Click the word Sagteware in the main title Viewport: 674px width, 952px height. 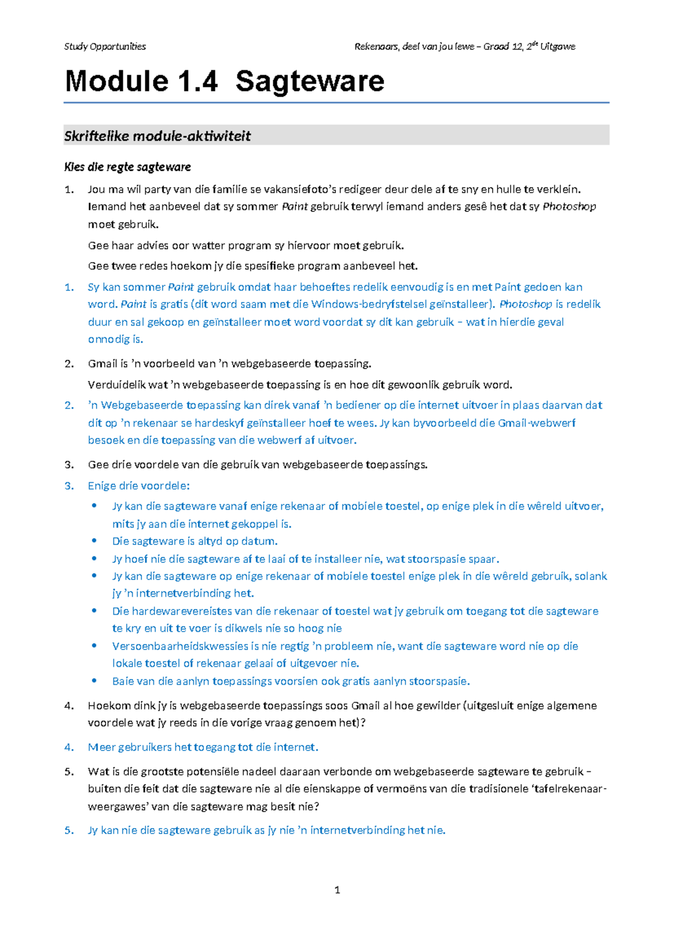tap(309, 81)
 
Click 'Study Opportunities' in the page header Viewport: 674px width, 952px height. tap(104, 47)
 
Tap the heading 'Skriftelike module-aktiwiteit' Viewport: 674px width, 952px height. tap(157, 136)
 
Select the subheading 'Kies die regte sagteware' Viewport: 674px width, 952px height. tap(127, 167)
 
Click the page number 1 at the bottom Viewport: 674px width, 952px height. tap(337, 890)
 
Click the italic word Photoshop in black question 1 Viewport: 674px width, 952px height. tap(569, 207)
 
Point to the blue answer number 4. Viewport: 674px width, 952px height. tap(69, 747)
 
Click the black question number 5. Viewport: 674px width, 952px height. tap(69, 771)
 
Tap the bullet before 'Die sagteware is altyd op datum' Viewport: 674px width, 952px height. tap(94, 541)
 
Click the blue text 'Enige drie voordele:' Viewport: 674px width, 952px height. tap(139, 486)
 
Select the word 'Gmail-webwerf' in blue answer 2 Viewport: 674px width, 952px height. tap(536, 423)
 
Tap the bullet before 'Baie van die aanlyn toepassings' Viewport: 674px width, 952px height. tap(94, 681)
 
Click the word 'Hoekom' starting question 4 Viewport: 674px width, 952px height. tap(106, 706)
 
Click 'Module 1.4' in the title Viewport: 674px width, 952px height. tap(141, 81)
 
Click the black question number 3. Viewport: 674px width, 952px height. tap(69, 465)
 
